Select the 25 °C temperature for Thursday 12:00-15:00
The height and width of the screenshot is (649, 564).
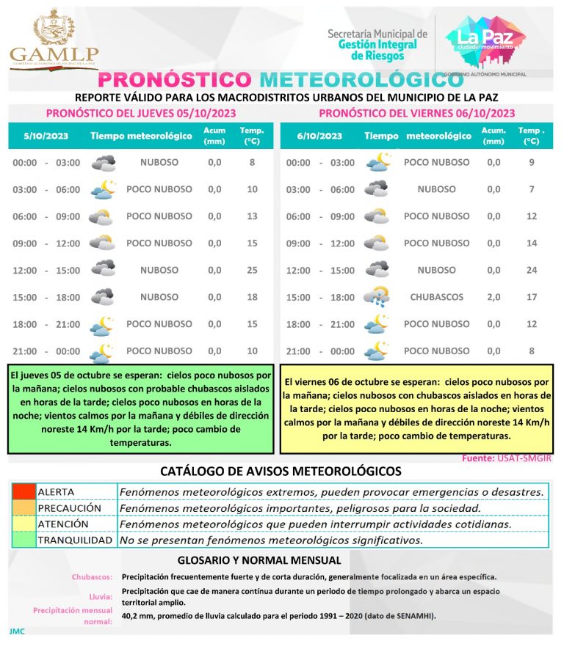pos(253,270)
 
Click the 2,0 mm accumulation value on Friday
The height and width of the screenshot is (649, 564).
pos(493,297)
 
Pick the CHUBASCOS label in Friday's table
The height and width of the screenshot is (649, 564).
pos(436,297)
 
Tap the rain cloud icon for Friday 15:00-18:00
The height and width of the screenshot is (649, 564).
pos(376,296)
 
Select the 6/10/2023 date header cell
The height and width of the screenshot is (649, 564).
pos(319,136)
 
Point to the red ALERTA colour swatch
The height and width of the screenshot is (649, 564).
pos(23,491)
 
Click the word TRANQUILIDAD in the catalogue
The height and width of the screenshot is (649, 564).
pos(74,540)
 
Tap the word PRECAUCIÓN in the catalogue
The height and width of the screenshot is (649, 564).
pos(69,507)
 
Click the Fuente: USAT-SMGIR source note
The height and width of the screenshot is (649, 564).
pos(506,458)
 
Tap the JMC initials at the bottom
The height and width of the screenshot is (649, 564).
pos(17,631)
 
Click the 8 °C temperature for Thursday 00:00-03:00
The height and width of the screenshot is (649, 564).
pos(253,162)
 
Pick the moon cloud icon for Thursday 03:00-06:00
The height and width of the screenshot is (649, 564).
pos(103,189)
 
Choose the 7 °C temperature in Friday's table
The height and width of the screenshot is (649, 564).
pos(532,189)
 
